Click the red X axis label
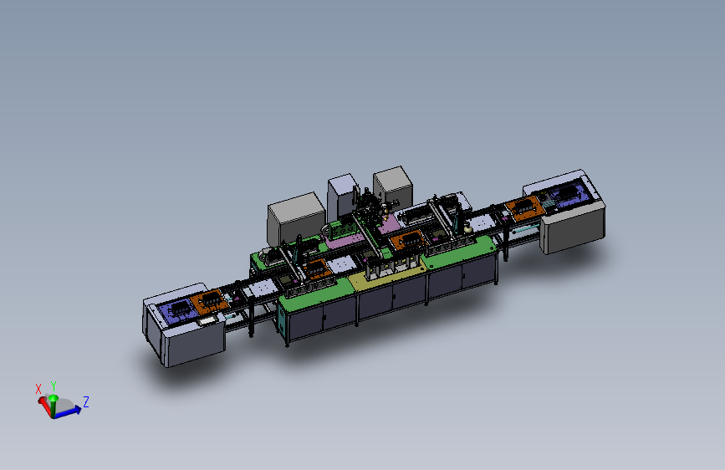point(38,389)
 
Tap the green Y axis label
point(54,386)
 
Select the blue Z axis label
point(85,401)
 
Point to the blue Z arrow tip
point(82,408)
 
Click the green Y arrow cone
point(54,398)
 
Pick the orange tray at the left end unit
point(209,301)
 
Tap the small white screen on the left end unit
point(207,319)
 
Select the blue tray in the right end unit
point(569,193)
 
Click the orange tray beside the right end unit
point(525,208)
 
